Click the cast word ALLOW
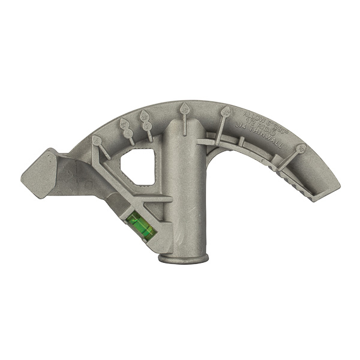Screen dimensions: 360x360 254,112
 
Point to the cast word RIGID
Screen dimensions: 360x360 261,121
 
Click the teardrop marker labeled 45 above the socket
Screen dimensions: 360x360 185,109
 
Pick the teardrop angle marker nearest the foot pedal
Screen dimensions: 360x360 97,139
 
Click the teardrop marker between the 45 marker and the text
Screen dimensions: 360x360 226,111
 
